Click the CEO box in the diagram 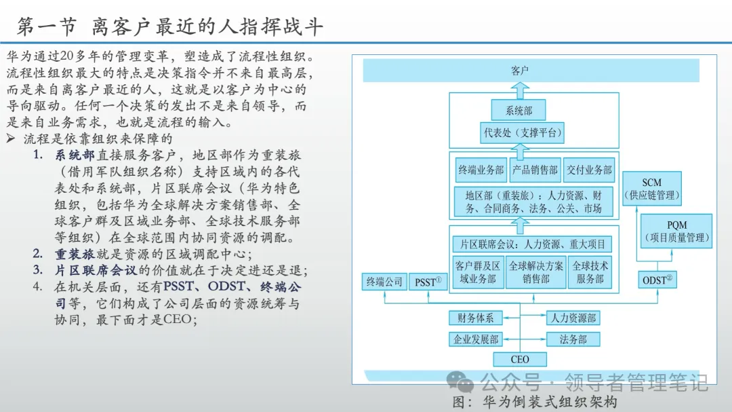click(x=520, y=359)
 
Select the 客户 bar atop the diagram click(x=520, y=70)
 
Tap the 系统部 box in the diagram click(x=520, y=110)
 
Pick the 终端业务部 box click(x=481, y=170)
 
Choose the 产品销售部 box click(x=535, y=170)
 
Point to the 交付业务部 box click(x=589, y=170)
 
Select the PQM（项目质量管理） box click(x=676, y=231)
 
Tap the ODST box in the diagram click(x=658, y=280)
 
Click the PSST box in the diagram click(x=428, y=281)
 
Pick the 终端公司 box click(x=384, y=281)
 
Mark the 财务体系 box click(x=475, y=318)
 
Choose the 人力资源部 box click(x=573, y=318)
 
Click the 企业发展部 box click(x=475, y=339)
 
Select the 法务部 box click(x=573, y=339)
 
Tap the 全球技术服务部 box click(x=590, y=271)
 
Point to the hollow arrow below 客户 click(x=520, y=88)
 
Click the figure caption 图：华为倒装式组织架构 click(x=535, y=402)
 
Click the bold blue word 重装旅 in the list click(x=75, y=255)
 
